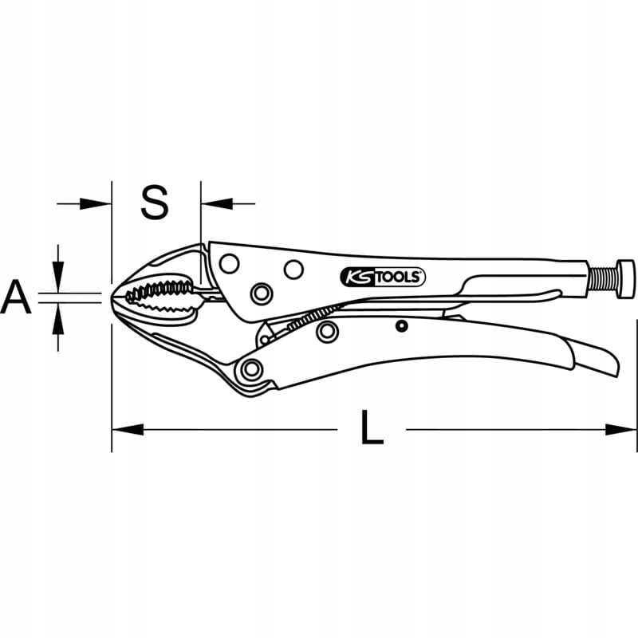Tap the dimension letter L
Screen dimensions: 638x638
point(371,431)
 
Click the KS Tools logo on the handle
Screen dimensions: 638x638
point(384,277)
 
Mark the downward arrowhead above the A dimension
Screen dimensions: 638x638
point(57,281)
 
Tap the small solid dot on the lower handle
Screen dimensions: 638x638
point(402,325)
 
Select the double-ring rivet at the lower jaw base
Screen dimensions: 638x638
point(253,368)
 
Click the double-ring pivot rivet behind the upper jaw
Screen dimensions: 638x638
point(260,294)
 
